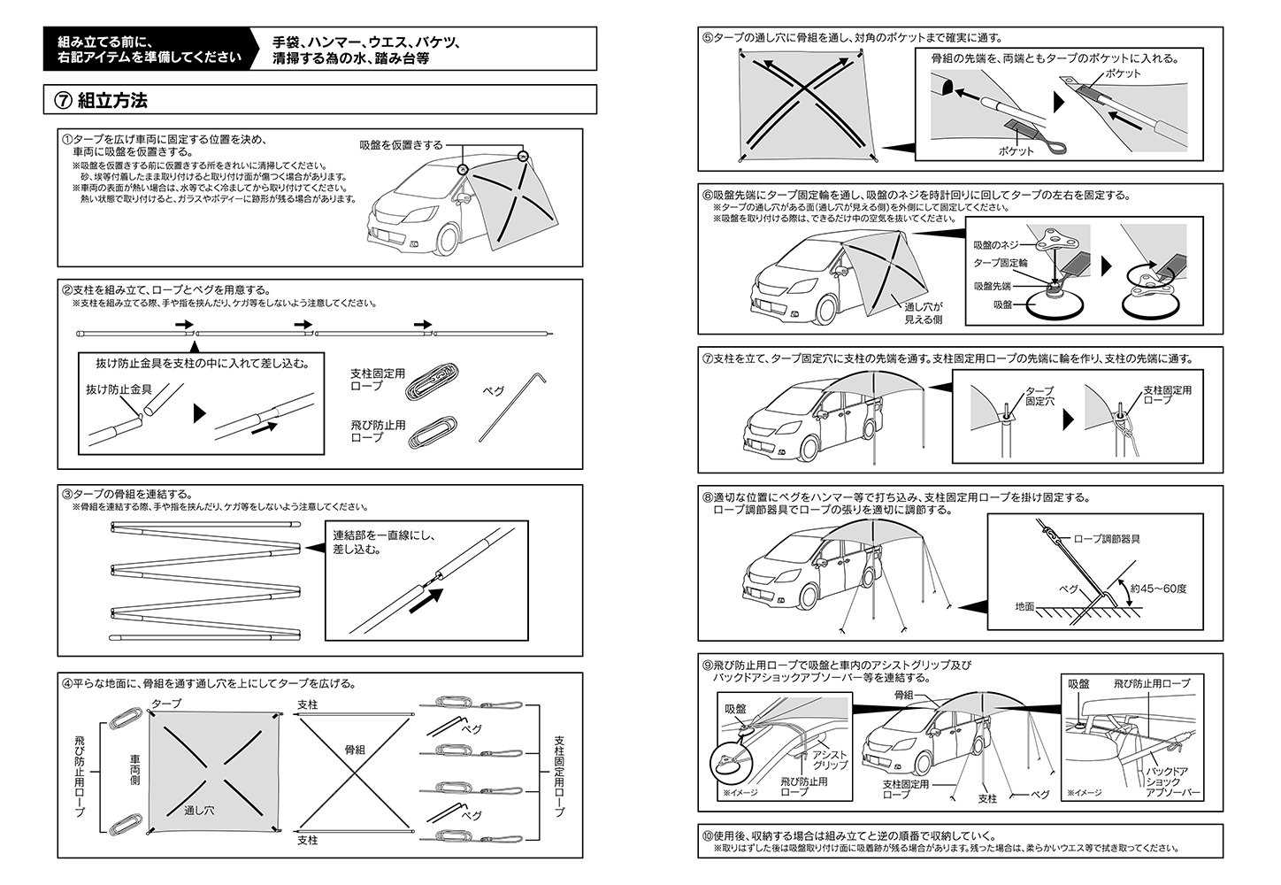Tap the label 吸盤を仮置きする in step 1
pyautogui.click(x=401, y=145)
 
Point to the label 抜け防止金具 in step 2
pyautogui.click(x=118, y=389)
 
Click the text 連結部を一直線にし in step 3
pyautogui.click(x=385, y=535)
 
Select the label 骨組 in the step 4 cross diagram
pyautogui.click(x=356, y=750)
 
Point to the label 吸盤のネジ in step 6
pyautogui.click(x=996, y=244)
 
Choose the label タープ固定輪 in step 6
pyautogui.click(x=1001, y=264)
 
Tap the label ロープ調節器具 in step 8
pyautogui.click(x=1106, y=538)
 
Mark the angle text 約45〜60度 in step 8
pyautogui.click(x=1158, y=588)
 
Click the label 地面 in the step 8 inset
pyautogui.click(x=1025, y=608)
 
